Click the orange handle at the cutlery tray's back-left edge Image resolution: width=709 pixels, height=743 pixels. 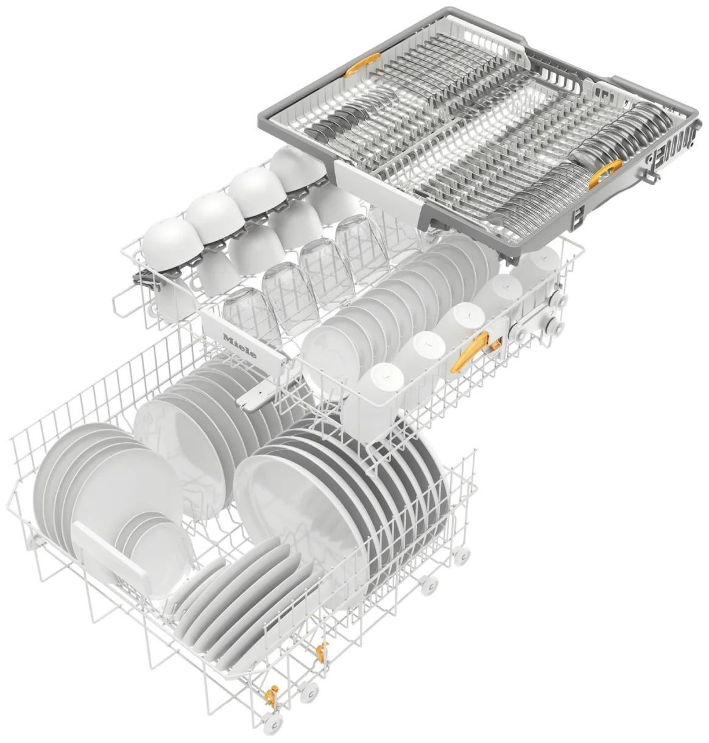361,65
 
